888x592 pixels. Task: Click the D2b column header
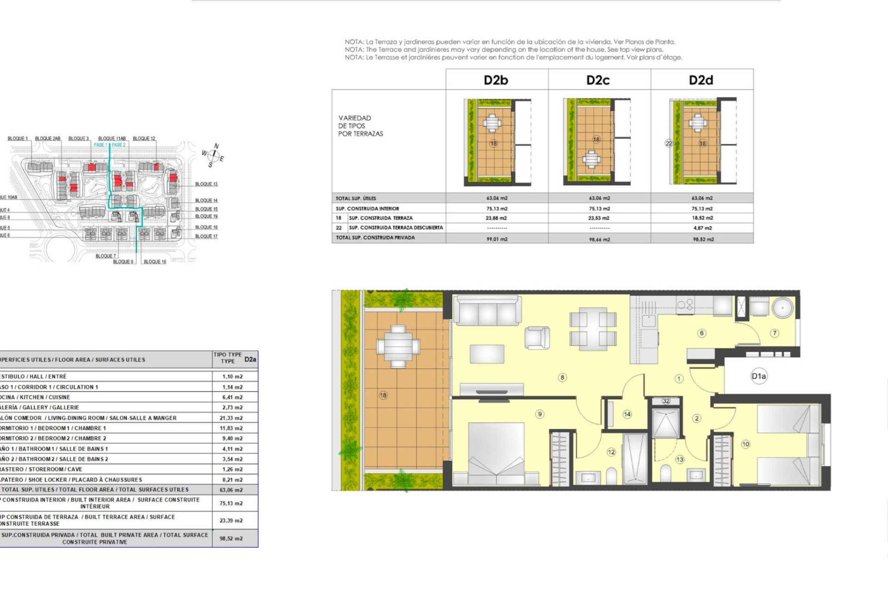coord(496,80)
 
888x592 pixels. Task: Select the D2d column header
coord(701,80)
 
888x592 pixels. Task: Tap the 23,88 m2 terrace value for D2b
coord(496,218)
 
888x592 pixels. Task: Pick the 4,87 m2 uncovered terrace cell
coord(703,228)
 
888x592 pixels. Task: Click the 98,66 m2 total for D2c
coord(599,240)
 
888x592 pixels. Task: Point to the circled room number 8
coord(562,377)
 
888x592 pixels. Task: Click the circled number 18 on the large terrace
coord(383,395)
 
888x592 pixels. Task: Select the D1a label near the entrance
coord(758,376)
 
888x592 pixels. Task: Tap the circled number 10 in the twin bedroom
coord(745,444)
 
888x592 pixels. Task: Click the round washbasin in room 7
coord(783,307)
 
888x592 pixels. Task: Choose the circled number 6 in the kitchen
coord(702,333)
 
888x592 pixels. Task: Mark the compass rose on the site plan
coord(213,155)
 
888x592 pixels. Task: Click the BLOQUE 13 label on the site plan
coord(206,184)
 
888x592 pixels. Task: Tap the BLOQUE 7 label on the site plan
coord(105,256)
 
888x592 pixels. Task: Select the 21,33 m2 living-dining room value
coord(231,418)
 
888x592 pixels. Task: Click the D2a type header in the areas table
coord(250,359)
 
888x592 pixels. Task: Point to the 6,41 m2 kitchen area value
coord(232,397)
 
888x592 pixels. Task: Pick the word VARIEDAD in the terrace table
coord(355,118)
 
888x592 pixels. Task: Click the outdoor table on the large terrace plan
coord(398,346)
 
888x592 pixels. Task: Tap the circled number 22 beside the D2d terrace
coord(668,143)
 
